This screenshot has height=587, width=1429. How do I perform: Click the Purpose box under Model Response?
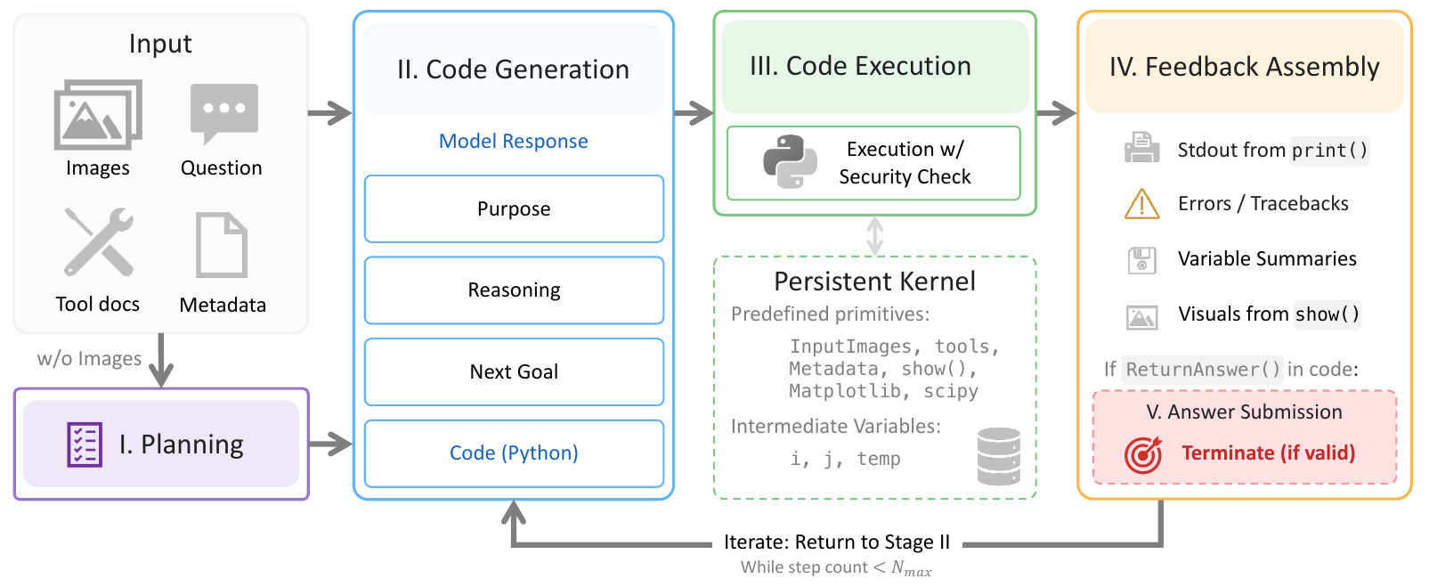[x=514, y=208]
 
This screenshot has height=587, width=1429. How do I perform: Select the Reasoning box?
[x=514, y=289]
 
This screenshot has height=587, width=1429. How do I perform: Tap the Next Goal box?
[x=514, y=371]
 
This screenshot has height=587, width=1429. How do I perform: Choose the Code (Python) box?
[x=514, y=453]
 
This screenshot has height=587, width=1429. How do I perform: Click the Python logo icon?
[x=790, y=161]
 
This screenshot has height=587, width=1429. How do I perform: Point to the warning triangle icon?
[x=1141, y=204]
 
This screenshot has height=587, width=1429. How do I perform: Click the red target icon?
[x=1142, y=454]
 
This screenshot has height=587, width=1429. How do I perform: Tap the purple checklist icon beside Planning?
[x=85, y=444]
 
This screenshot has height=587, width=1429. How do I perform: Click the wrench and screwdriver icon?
[x=99, y=241]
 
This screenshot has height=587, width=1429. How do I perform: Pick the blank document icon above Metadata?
[x=222, y=246]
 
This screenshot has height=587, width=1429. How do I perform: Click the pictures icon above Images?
[x=98, y=115]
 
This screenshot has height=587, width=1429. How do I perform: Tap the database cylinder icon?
[x=998, y=456]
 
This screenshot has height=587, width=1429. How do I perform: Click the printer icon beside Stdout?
[x=1141, y=147]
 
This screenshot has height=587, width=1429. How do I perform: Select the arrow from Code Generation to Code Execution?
[x=694, y=114]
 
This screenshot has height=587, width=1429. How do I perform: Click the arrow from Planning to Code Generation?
[x=330, y=444]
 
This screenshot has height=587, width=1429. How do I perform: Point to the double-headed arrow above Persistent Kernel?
[x=874, y=236]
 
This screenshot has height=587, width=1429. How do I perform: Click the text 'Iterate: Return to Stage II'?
[x=836, y=542]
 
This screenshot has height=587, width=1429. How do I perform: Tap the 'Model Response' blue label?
[x=514, y=141]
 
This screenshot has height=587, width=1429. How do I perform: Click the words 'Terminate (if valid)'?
[x=1268, y=453]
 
